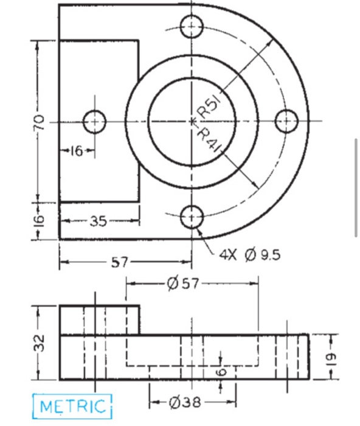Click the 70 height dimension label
(x=38, y=121)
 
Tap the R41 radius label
(x=209, y=138)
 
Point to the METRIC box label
(x=73, y=405)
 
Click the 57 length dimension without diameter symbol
(x=120, y=263)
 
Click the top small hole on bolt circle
(x=192, y=26)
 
